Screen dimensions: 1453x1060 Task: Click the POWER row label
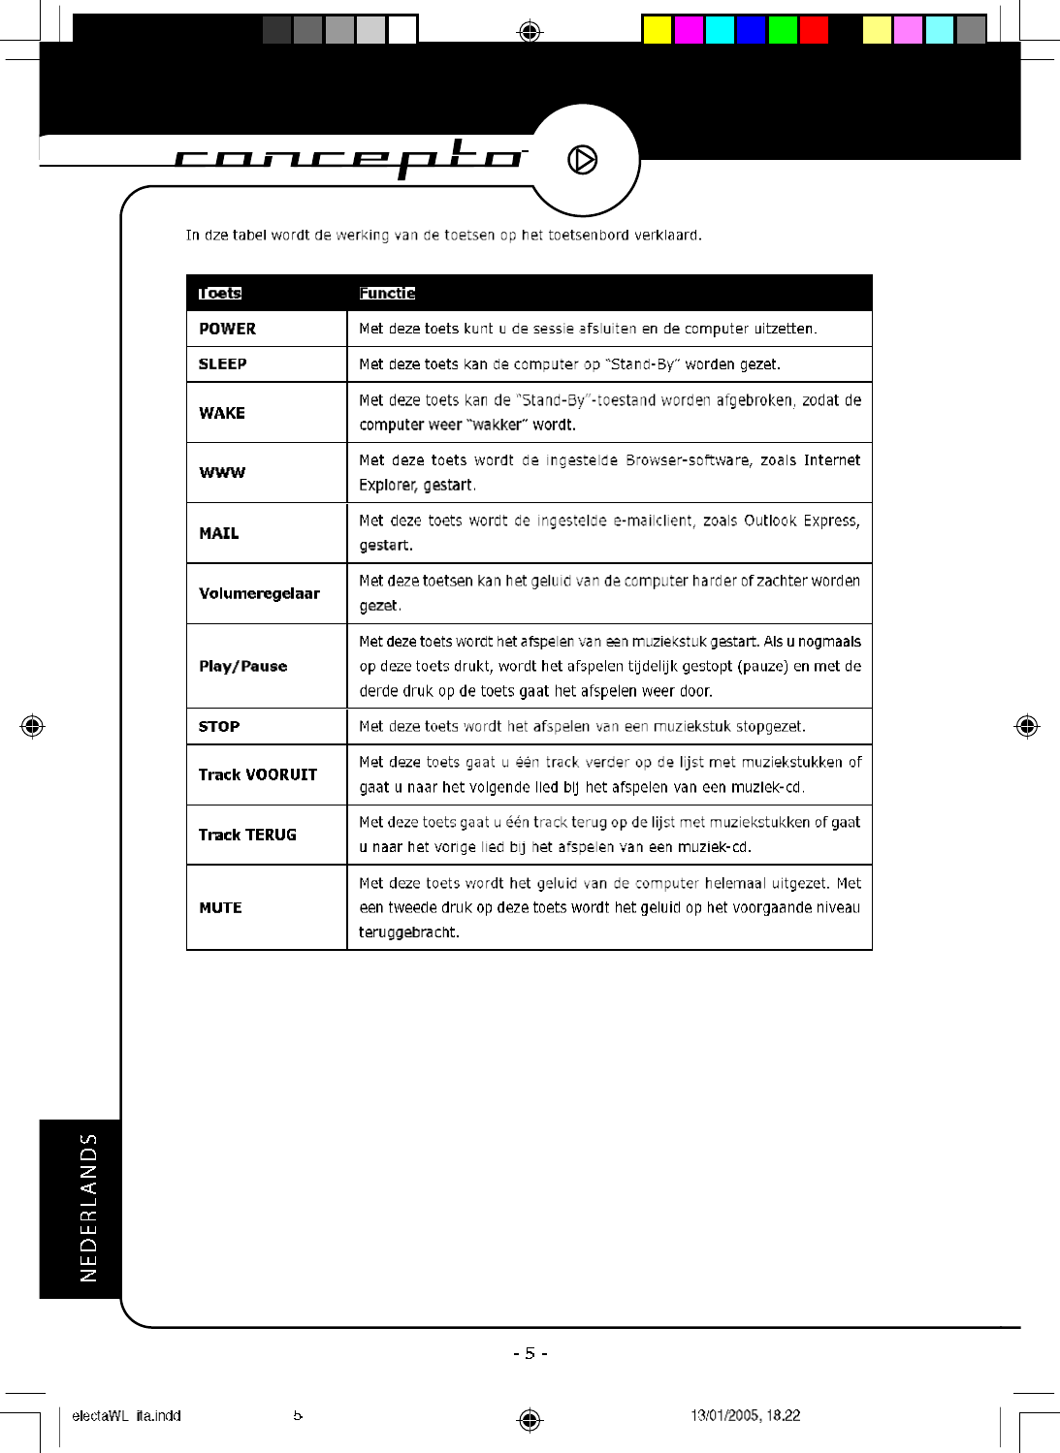pyautogui.click(x=227, y=329)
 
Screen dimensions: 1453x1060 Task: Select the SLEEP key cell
pyautogui.click(x=222, y=364)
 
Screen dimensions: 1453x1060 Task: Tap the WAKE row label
pyautogui.click(x=222, y=413)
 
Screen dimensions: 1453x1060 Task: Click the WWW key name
pyautogui.click(x=222, y=473)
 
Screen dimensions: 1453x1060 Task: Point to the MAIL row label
pyautogui.click(x=219, y=533)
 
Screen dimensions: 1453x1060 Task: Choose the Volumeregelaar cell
pyautogui.click(x=259, y=593)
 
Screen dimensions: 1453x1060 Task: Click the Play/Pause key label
pyautogui.click(x=242, y=666)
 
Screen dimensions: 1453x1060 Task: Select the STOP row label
pyautogui.click(x=219, y=727)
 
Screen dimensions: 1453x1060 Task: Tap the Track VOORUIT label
pyautogui.click(x=257, y=774)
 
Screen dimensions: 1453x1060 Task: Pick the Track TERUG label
pyautogui.click(x=247, y=835)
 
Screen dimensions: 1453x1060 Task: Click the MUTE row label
pyautogui.click(x=220, y=908)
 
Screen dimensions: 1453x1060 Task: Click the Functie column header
pyautogui.click(x=387, y=294)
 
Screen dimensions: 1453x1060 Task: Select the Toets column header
pyautogui.click(x=220, y=294)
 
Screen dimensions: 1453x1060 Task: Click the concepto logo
pyautogui.click(x=349, y=157)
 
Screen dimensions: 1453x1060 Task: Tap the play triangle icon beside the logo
pyautogui.click(x=582, y=159)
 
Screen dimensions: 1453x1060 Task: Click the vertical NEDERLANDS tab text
pyautogui.click(x=89, y=1208)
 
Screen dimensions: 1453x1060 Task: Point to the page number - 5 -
pyautogui.click(x=530, y=1353)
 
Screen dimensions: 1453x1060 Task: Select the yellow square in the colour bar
pyautogui.click(x=657, y=30)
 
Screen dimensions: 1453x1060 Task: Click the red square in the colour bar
pyautogui.click(x=814, y=30)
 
